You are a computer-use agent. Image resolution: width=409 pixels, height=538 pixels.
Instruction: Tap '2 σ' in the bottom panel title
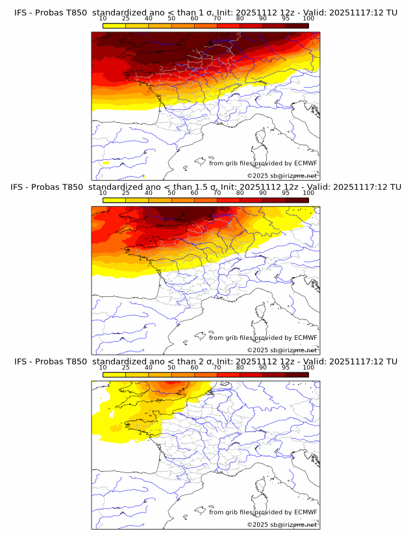click(203, 361)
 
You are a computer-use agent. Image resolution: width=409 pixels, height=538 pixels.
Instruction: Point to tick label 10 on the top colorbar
click(103, 19)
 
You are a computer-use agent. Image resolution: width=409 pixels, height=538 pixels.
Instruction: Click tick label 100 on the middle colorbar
click(308, 193)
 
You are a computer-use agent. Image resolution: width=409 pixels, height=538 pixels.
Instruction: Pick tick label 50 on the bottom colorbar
click(171, 368)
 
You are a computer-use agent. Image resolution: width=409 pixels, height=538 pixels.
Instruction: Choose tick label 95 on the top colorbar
click(286, 19)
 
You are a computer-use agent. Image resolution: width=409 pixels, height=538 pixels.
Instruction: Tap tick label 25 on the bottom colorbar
click(125, 368)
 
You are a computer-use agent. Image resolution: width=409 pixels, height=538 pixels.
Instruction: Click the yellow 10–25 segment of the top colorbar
click(114, 25)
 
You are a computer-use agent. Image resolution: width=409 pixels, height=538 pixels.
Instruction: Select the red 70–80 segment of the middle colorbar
click(229, 200)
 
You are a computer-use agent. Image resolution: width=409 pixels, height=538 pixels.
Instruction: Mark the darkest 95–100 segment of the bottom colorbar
click(297, 375)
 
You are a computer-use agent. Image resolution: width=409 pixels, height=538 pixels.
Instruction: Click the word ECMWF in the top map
click(305, 163)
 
